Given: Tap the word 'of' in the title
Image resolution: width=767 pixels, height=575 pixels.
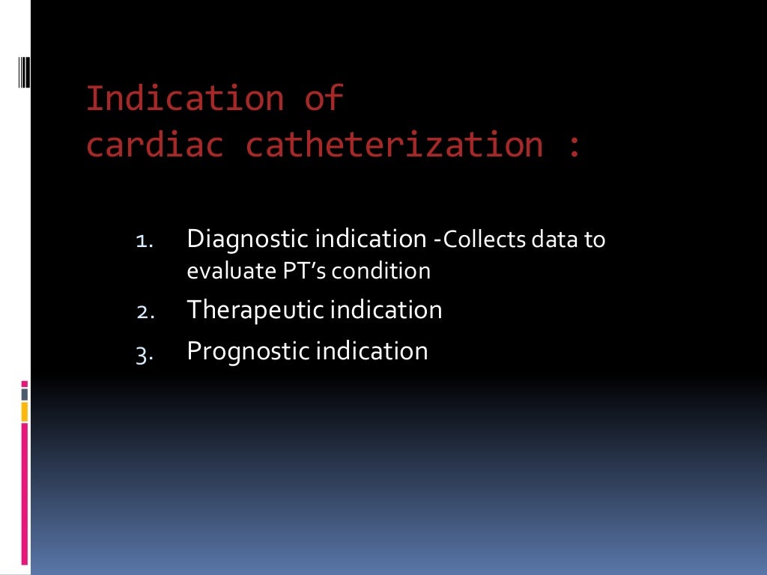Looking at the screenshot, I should pyautogui.click(x=324, y=100).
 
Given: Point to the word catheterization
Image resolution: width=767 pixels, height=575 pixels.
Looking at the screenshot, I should pyautogui.click(x=395, y=144).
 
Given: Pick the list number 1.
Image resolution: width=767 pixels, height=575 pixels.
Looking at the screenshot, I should pyautogui.click(x=144, y=242).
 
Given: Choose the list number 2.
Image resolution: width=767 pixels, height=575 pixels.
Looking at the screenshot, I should pyautogui.click(x=144, y=312).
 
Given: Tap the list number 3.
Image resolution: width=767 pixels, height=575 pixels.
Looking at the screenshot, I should pyautogui.click(x=144, y=353).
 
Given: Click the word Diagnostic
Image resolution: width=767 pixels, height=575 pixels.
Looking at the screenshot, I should pyautogui.click(x=247, y=240).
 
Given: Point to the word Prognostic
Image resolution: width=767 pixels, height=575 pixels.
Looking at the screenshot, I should pyautogui.click(x=248, y=351).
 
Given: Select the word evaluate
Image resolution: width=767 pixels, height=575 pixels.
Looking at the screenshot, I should pyautogui.click(x=220, y=271).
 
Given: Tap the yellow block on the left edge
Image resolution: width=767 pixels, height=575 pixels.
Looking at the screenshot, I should pyautogui.click(x=24, y=411).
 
